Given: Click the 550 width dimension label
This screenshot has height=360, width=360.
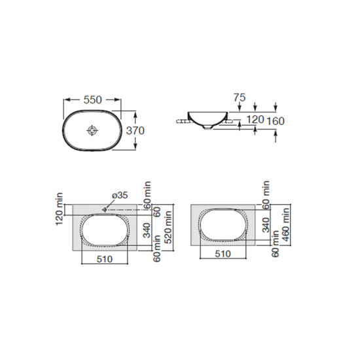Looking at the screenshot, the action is [x=92, y=100].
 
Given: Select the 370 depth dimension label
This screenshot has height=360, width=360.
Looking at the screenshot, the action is [x=135, y=131].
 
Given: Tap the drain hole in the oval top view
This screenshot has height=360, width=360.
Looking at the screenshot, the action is [x=92, y=131].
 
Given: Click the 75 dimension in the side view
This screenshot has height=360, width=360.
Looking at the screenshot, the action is [x=240, y=98].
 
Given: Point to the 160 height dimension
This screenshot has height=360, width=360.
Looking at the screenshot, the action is [x=276, y=121].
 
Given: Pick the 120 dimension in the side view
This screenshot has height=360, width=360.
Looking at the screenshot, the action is [x=255, y=120].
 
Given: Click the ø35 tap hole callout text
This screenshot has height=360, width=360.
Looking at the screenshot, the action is [x=120, y=196].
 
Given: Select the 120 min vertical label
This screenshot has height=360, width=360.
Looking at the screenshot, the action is [x=60, y=209].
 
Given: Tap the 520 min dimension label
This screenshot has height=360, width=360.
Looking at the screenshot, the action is [x=169, y=227].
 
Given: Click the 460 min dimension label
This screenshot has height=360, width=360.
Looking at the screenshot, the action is [x=286, y=225].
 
